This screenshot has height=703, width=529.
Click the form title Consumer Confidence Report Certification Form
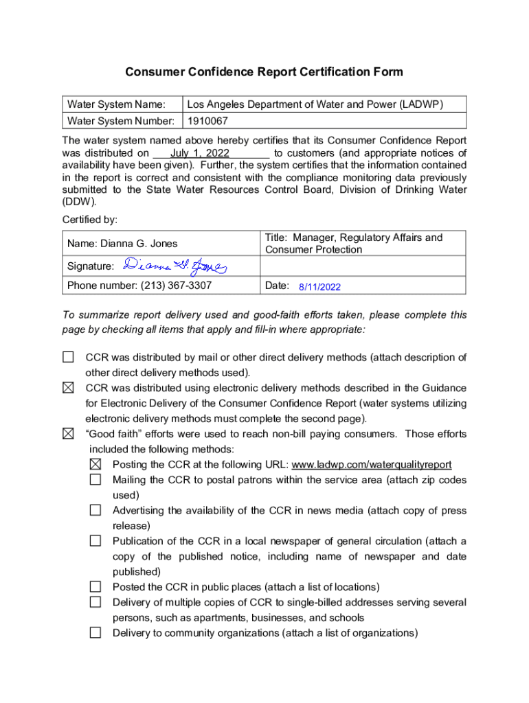[264, 72]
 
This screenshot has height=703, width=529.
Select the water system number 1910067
[208, 121]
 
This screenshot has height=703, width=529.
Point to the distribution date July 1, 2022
[200, 153]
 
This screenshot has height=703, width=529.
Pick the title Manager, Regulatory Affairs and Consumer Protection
[353, 244]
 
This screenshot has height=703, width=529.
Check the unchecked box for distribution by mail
[68, 357]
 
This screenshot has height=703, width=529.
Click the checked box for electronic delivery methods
[68, 388]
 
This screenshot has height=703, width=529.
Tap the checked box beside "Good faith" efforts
[68, 434]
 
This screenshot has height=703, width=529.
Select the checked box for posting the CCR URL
[95, 465]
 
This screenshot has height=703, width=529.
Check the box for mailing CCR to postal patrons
[95, 480]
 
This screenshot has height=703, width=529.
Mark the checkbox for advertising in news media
[95, 510]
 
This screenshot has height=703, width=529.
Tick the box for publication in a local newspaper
[95, 541]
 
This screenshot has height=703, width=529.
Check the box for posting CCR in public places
[95, 587]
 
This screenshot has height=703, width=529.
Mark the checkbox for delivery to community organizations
[95, 633]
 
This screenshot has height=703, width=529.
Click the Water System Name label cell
[116, 104]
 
